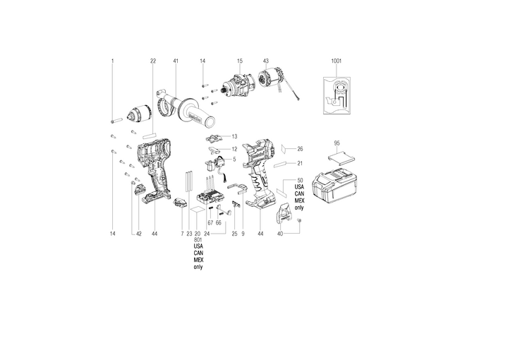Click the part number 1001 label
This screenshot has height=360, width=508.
pyautogui.click(x=337, y=62)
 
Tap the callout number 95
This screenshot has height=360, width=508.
pyautogui.click(x=337, y=143)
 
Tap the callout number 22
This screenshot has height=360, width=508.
pyautogui.click(x=153, y=62)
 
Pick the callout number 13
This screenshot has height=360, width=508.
pyautogui.click(x=234, y=136)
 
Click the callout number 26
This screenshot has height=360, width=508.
pyautogui.click(x=300, y=149)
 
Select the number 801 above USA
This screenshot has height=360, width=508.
pyautogui.click(x=198, y=239)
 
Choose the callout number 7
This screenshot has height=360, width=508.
pyautogui.click(x=181, y=233)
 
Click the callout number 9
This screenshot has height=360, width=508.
pyautogui.click(x=243, y=233)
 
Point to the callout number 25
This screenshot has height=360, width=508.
pyautogui.click(x=234, y=233)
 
